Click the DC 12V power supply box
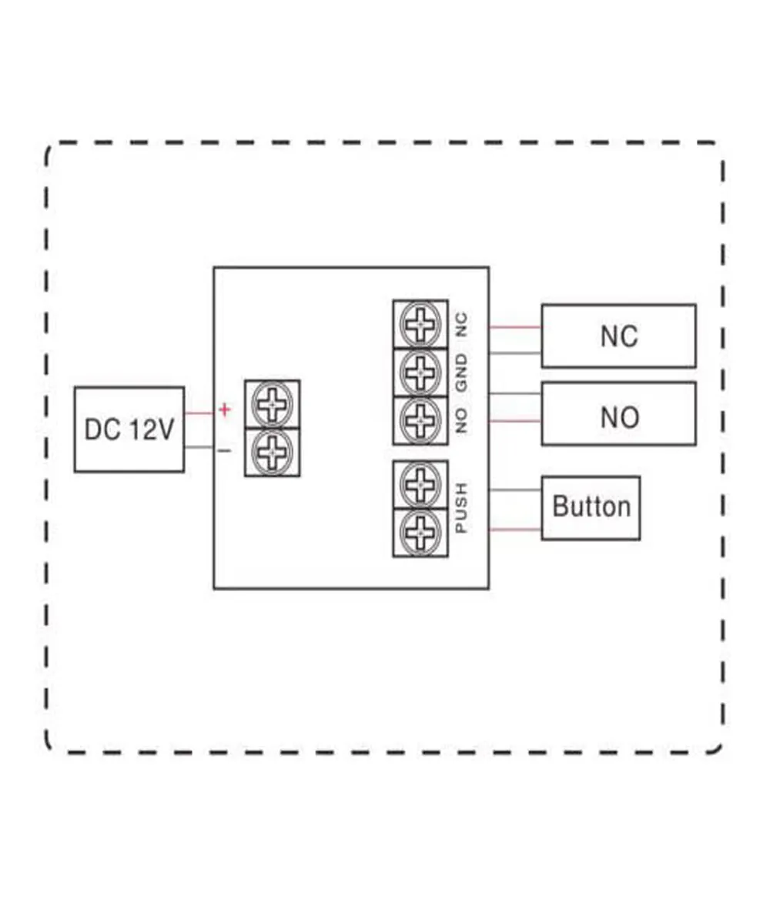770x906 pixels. tap(129, 429)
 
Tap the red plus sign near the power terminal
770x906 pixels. tap(224, 410)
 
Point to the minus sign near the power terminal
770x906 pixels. tap(224, 450)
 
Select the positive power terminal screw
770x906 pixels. tap(272, 403)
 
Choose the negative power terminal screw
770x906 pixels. tap(272, 452)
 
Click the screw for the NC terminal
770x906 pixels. tap(420, 324)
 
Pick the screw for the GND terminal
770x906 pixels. tap(420, 373)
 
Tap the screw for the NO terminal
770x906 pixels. tap(420, 420)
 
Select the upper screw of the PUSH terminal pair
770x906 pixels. tap(420, 485)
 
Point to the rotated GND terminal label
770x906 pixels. tap(461, 375)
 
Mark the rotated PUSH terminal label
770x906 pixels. tap(461, 508)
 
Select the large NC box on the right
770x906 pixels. tap(618, 336)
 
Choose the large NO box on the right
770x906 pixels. tap(618, 416)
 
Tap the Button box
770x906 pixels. tap(591, 507)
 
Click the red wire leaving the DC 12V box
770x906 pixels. tap(199, 413)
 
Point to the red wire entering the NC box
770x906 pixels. tap(514, 326)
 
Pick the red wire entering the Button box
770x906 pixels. tap(514, 529)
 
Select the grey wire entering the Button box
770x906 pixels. tap(514, 490)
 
